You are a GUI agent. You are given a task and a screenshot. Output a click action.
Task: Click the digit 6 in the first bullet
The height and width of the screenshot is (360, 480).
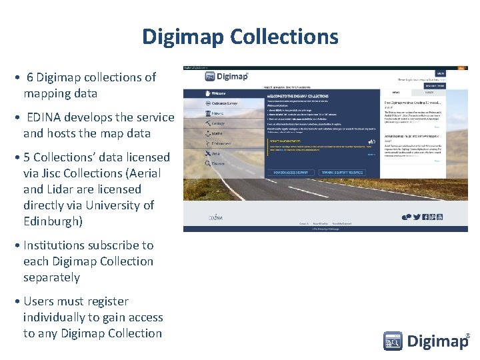(30, 77)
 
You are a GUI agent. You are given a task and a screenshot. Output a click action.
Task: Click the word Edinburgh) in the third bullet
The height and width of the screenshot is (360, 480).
(53, 221)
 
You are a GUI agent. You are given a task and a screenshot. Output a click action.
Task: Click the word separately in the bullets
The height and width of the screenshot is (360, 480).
(51, 277)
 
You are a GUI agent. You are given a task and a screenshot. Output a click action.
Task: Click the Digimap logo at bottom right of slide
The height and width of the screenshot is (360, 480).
(426, 341)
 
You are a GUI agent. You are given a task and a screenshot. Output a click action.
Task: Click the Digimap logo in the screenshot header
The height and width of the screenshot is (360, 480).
(227, 77)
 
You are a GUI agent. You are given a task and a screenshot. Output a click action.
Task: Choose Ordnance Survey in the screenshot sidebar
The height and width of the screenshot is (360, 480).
(224, 103)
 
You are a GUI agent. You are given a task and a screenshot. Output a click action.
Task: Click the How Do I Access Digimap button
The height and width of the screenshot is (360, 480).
(291, 173)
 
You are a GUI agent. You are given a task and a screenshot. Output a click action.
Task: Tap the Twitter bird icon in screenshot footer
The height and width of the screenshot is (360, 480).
(417, 217)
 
